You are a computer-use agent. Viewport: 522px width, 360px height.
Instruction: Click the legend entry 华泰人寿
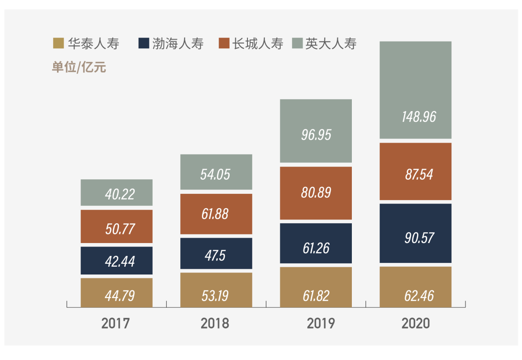[93, 44]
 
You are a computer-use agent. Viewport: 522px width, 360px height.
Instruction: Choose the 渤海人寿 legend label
[178, 44]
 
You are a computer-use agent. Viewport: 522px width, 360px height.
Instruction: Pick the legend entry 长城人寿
[257, 44]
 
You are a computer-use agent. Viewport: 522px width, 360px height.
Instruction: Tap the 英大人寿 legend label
[331, 44]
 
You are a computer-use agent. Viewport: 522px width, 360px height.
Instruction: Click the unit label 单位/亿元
[79, 67]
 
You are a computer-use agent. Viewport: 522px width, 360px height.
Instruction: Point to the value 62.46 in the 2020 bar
[419, 296]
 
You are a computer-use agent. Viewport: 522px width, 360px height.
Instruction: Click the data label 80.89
[316, 193]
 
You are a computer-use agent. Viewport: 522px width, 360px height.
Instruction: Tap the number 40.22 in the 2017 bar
[120, 194]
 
